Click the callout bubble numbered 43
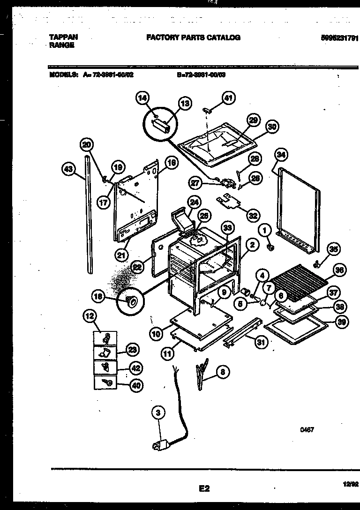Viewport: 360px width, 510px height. (x=68, y=170)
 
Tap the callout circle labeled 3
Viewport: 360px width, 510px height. (x=158, y=413)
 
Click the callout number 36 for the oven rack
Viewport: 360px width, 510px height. (x=339, y=270)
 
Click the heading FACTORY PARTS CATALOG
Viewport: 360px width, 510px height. (x=193, y=37)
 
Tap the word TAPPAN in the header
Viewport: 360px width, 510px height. (x=63, y=37)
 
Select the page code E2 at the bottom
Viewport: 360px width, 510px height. (x=204, y=489)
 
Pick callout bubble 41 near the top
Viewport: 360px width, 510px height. (x=228, y=98)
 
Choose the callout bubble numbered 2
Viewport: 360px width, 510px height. (x=252, y=244)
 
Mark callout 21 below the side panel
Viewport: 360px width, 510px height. (x=122, y=255)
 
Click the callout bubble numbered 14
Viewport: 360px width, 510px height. (x=142, y=98)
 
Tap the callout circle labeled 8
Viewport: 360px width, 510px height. (x=224, y=373)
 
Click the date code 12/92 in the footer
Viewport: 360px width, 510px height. (x=351, y=484)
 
